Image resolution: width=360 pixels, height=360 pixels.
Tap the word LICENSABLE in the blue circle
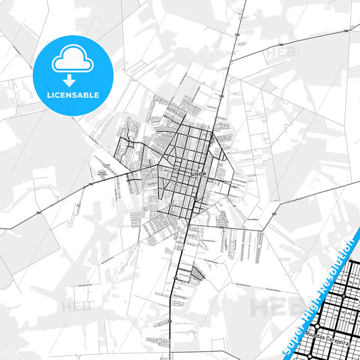tap(73, 95)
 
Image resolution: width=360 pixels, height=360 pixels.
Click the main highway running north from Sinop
tap(232, 68)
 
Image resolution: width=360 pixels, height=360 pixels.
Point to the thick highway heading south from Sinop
tap(178, 270)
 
